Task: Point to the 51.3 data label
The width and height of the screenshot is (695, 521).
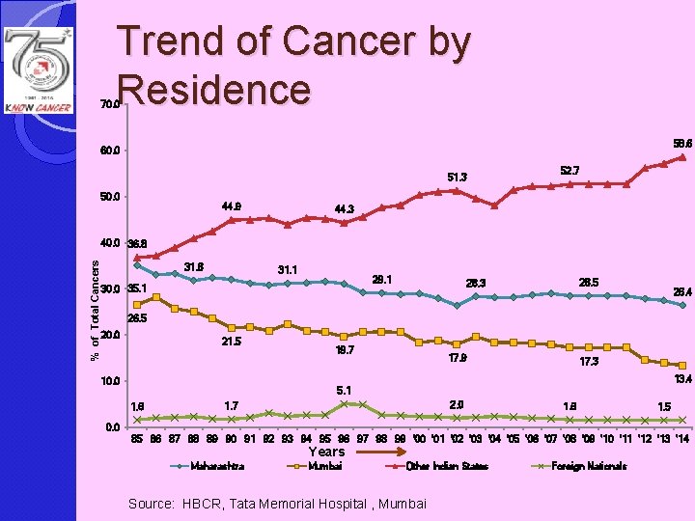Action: pos(457,177)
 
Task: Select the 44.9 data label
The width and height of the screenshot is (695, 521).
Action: pos(232,206)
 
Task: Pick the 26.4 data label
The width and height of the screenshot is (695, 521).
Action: pos(681,291)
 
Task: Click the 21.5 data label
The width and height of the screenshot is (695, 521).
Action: pos(232,342)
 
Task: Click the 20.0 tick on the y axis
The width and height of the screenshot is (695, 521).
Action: pos(109,336)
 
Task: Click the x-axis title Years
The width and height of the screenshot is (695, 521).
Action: pos(326,452)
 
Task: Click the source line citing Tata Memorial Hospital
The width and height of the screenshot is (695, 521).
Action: pos(276,503)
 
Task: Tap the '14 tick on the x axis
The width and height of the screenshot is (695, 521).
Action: pos(681,440)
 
